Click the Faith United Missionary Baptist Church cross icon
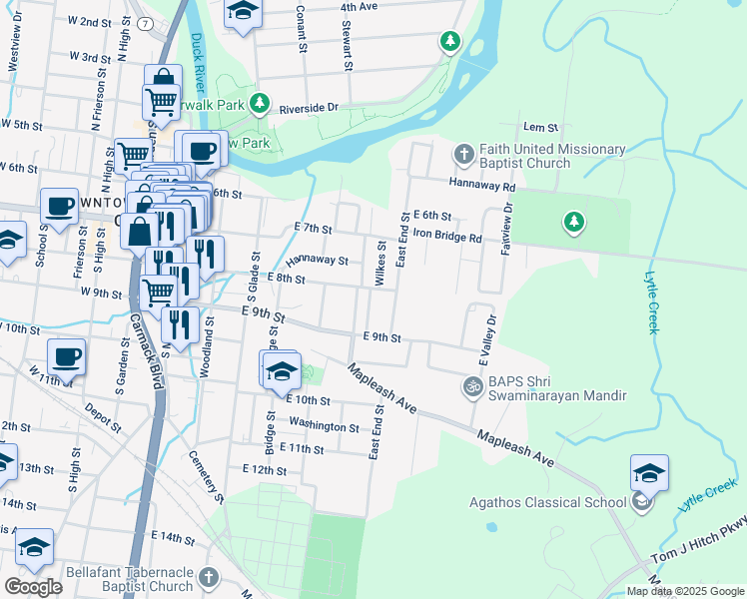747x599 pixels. [x=463, y=155]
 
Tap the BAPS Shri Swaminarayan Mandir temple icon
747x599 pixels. [x=472, y=385]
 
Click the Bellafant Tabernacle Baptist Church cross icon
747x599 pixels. [x=208, y=577]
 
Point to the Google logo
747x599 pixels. [x=33, y=586]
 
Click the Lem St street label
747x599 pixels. [x=539, y=128]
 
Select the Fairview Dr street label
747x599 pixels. [x=506, y=228]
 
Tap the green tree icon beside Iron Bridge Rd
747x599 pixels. [x=573, y=221]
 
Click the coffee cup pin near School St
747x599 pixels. [x=59, y=207]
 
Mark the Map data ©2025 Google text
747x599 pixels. [x=685, y=591]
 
